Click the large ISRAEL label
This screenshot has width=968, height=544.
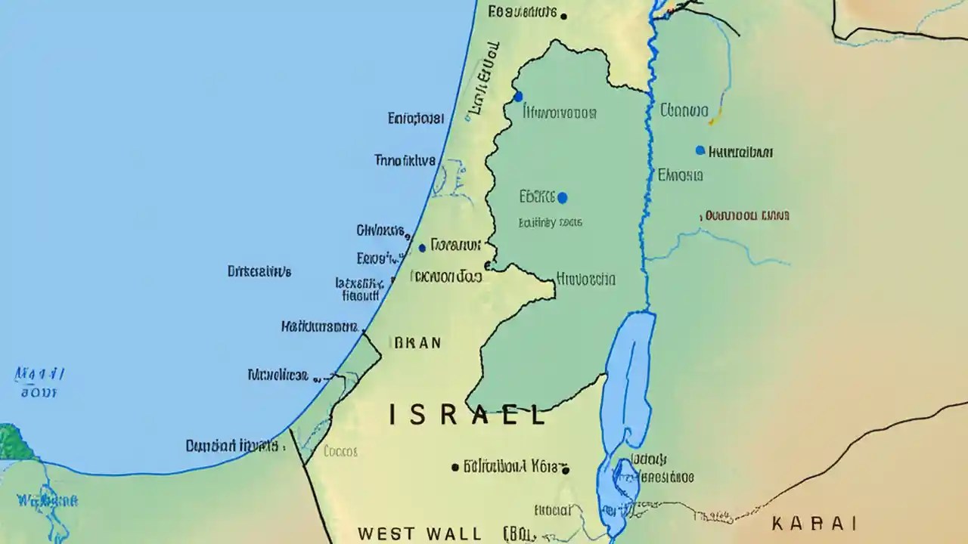click(467, 415)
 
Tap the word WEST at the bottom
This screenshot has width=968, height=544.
click(386, 533)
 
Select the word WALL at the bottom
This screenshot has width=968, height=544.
click(453, 533)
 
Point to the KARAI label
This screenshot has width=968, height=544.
click(814, 523)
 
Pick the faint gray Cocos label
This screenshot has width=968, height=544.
click(340, 451)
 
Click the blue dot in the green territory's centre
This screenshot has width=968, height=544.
click(562, 198)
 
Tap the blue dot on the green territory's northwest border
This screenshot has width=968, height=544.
click(518, 96)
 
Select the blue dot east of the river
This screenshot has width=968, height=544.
click(700, 150)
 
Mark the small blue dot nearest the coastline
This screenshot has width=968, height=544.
click(422, 248)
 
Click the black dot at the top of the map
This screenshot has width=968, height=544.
click(564, 14)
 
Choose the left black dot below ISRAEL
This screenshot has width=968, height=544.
click(455, 468)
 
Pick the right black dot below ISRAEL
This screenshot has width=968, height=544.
click(565, 469)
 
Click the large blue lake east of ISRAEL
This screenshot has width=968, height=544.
click(628, 378)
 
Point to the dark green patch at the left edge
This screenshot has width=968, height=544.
click(14, 443)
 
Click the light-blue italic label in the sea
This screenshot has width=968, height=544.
click(39, 382)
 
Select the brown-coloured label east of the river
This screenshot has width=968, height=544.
click(746, 215)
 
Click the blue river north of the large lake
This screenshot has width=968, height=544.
click(647, 189)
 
